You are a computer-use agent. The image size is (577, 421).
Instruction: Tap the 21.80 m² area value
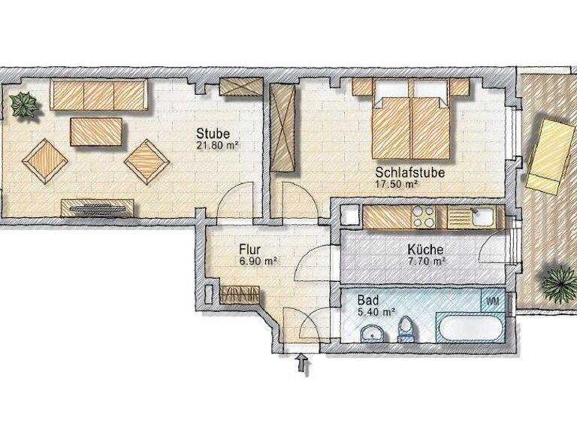tap(217, 147)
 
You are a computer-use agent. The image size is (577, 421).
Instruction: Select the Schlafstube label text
tap(410, 172)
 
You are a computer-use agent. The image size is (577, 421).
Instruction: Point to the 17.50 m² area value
tap(397, 183)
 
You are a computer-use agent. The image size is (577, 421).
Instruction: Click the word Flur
tap(250, 249)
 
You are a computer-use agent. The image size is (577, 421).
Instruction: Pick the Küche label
tap(424, 250)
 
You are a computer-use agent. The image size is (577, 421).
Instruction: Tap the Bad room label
tap(369, 298)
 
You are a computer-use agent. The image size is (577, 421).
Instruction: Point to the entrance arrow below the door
tap(304, 365)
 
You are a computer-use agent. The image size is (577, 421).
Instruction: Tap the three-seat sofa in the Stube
tap(98, 95)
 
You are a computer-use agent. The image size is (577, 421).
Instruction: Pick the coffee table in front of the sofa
tap(96, 132)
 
